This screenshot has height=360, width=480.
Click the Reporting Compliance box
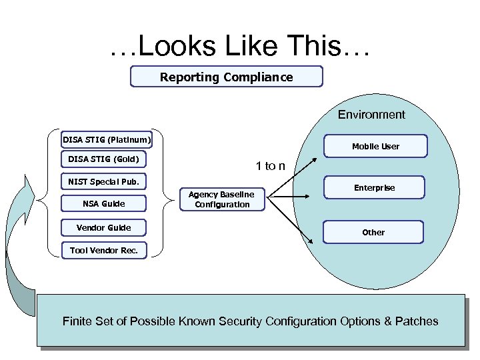pyautogui.click(x=226, y=77)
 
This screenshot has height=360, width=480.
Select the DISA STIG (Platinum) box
pyautogui.click(x=107, y=140)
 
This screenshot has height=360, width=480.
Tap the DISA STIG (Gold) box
pyautogui.click(x=104, y=159)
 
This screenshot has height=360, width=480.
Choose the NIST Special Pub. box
pyautogui.click(x=104, y=181)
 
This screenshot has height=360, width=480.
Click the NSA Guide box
pyautogui.click(x=104, y=203)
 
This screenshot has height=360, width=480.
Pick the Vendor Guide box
pyautogui.click(x=104, y=228)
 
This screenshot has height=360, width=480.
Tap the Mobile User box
pyautogui.click(x=375, y=146)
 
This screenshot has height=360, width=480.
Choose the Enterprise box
pyautogui.click(x=374, y=188)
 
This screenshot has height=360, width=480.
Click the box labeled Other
pyautogui.click(x=373, y=232)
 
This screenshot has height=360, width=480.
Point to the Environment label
pyautogui.click(x=371, y=115)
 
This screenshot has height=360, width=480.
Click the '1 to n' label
pyautogui.click(x=271, y=166)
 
